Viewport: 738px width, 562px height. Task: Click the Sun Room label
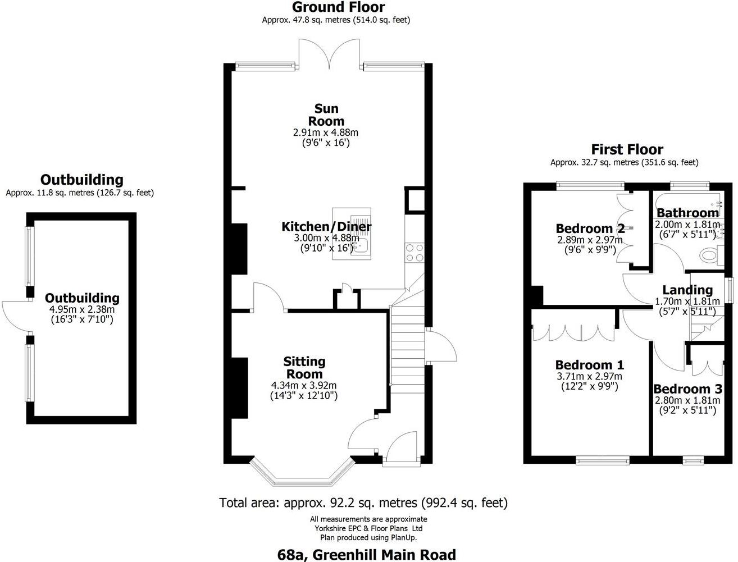(x=326, y=115)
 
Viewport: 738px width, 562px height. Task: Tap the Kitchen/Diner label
(x=326, y=227)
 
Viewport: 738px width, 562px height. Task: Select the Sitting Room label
(x=304, y=368)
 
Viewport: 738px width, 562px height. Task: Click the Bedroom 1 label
(x=589, y=365)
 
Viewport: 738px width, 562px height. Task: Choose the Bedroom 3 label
(x=687, y=389)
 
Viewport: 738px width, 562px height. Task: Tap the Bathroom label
(x=687, y=213)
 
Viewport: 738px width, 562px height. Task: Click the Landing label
(x=687, y=290)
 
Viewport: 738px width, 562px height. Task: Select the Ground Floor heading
(x=338, y=7)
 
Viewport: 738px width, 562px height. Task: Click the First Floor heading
(x=627, y=149)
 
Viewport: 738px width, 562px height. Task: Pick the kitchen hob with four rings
(x=414, y=252)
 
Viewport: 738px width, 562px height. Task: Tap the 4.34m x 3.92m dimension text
(x=304, y=385)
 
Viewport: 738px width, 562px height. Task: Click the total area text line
(x=363, y=502)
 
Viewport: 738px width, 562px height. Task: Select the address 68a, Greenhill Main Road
(x=367, y=555)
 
